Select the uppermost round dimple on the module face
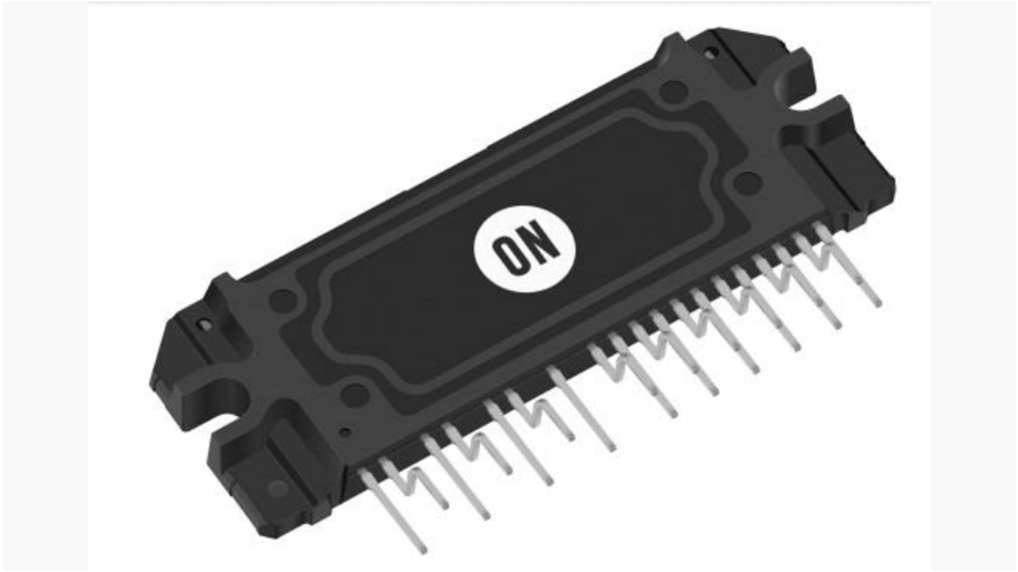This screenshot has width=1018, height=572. coord(672,90)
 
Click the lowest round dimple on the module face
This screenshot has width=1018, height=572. coord(353,392)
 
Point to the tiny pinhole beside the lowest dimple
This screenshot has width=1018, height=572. coord(346,432)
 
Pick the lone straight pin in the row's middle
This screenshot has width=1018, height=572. coord(581,409)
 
